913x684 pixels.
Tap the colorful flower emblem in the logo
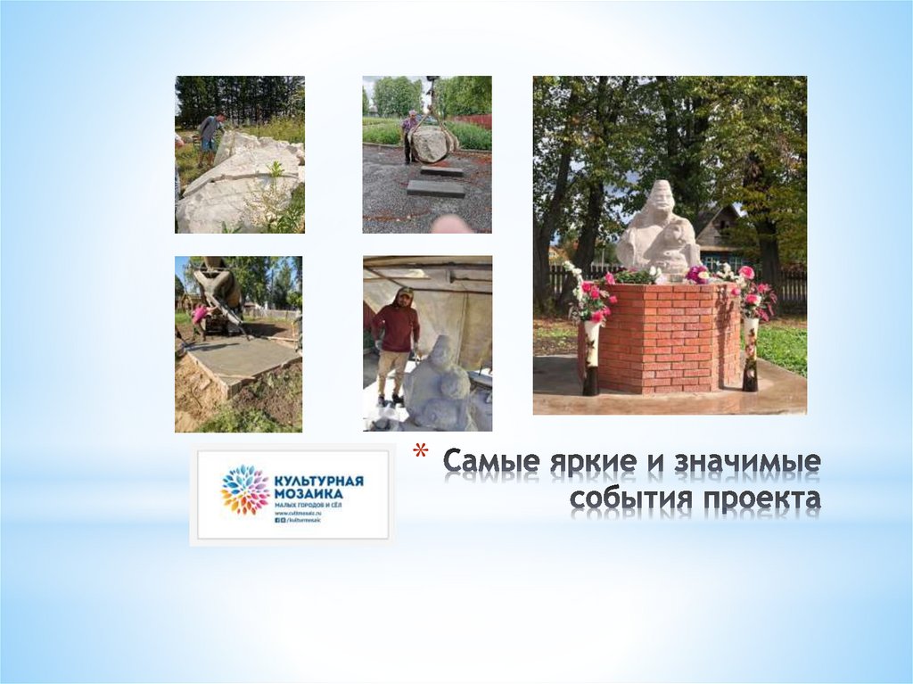pos(244,489)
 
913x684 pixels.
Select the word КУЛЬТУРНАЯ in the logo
pos(319,480)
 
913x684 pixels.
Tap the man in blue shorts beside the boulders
pos(210,136)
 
